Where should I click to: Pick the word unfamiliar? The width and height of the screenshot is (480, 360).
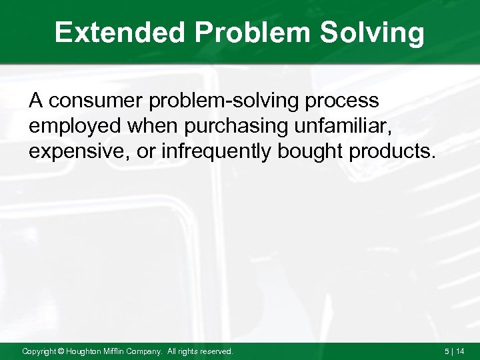(x=343, y=125)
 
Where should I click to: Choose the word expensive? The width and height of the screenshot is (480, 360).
(x=79, y=150)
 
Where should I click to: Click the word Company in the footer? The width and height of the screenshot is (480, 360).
(x=151, y=351)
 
